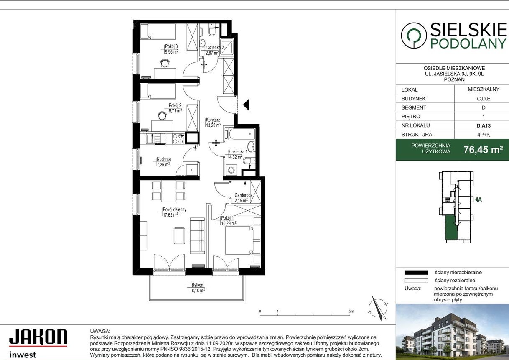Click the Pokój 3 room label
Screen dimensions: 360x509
(171, 46)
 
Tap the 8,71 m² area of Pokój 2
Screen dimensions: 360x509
(175, 111)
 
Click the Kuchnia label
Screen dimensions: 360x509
(163, 159)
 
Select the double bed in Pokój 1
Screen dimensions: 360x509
(242, 240)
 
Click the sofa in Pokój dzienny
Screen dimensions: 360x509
(197, 235)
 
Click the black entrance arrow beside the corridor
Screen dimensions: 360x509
(246, 105)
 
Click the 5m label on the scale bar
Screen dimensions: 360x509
(351, 311)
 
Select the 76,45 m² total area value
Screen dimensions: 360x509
(483, 150)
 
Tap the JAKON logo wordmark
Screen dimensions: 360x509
(38, 337)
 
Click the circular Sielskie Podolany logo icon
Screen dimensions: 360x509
(413, 36)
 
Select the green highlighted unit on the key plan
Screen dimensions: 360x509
(451, 228)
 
